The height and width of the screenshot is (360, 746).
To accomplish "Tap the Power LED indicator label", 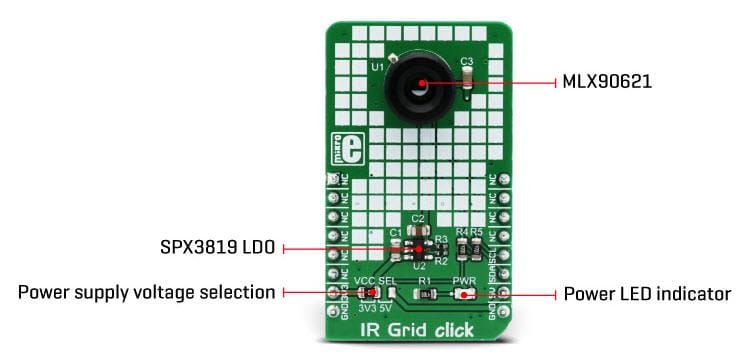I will click(647, 294).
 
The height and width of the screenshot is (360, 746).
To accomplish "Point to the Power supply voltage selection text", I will click(146, 293).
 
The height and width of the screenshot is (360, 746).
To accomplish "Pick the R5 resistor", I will click(476, 246).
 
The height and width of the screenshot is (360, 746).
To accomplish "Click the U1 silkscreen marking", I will click(377, 66).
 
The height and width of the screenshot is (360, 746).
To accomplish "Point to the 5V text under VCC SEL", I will click(387, 306).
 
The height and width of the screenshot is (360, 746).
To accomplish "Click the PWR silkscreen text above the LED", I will click(465, 281).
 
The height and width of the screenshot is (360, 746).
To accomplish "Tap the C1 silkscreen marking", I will click(395, 233).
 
